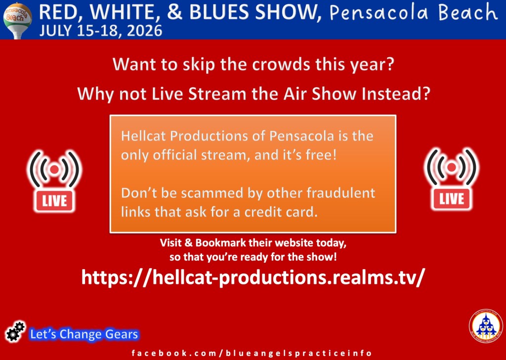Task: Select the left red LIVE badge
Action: pos(54,201)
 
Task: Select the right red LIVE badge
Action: pos(452,199)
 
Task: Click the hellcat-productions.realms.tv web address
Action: pos(252,277)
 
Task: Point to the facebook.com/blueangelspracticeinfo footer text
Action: pos(252,353)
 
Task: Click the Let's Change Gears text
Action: pos(84,334)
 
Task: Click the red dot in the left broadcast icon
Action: pos(54,169)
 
